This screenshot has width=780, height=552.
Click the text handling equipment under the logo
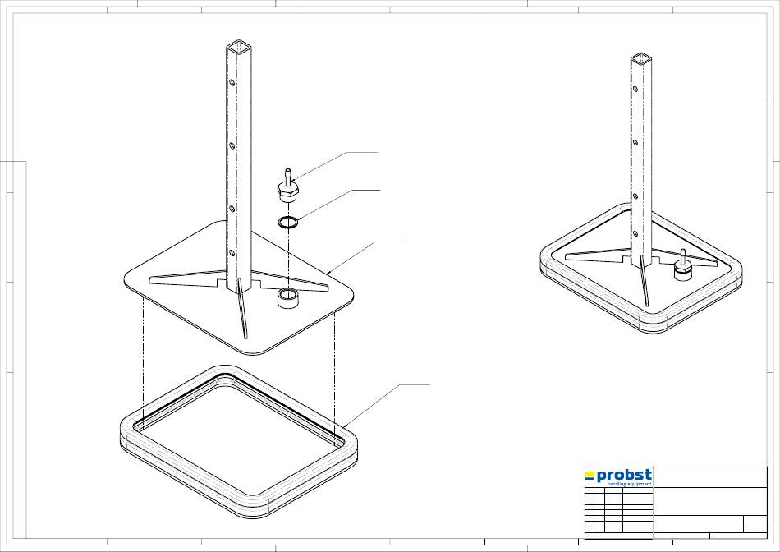pos(629,484)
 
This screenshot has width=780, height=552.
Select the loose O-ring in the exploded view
pos(288,222)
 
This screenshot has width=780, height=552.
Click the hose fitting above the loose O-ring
pos(288,186)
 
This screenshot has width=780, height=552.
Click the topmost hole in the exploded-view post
pos(232,82)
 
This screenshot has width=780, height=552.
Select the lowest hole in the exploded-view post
pos(232,253)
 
